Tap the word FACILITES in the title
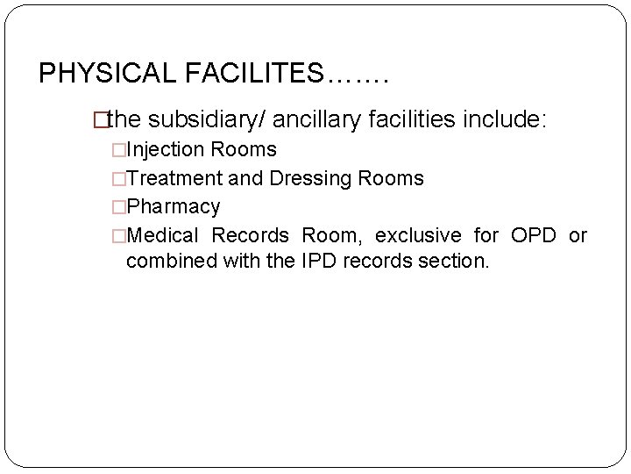coord(254,73)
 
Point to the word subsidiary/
coord(208,119)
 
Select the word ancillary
coord(315,119)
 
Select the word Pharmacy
coord(174,207)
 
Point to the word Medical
coord(163,235)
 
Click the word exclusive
coord(418,235)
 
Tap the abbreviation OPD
coord(533,235)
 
